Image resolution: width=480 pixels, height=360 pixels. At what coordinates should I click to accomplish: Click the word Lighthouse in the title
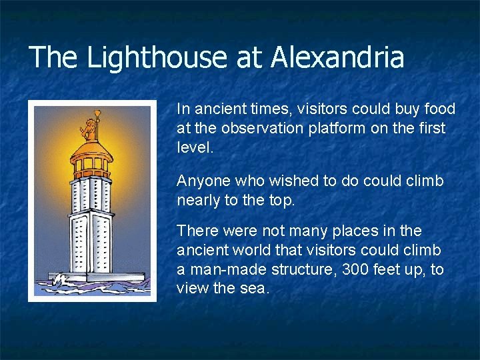[157, 57]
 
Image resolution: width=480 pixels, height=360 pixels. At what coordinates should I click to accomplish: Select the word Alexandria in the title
[337, 57]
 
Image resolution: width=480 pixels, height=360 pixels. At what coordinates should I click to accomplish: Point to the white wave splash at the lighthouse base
[64, 279]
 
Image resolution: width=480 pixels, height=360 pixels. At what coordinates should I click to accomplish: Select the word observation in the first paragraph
[258, 128]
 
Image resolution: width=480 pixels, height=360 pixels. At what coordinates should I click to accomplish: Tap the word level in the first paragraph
[193, 147]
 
